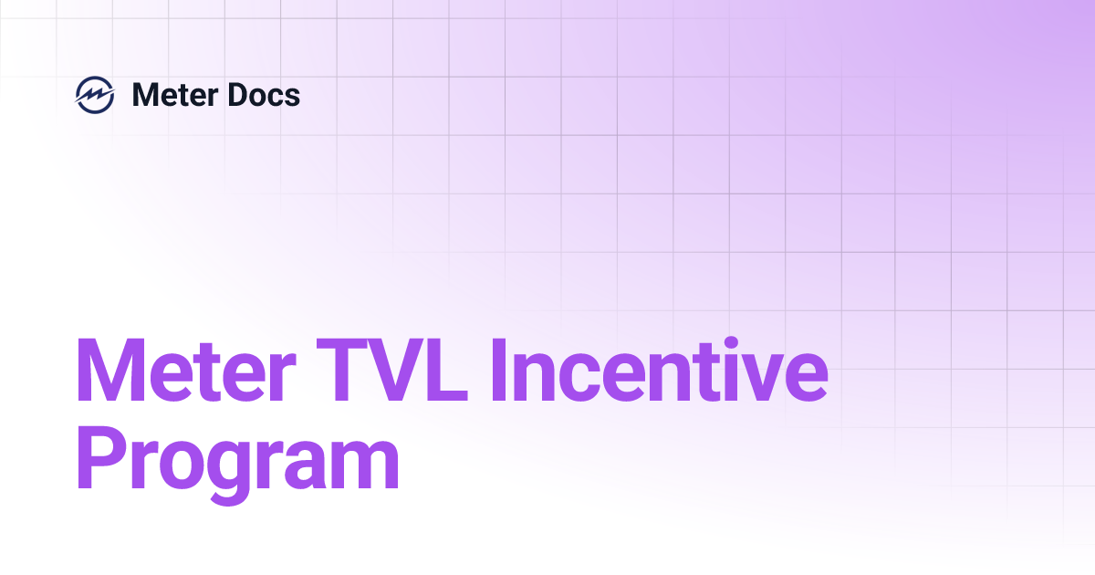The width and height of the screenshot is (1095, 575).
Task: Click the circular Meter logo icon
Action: [x=95, y=95]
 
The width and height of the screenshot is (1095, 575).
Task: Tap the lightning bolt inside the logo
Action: [x=95, y=95]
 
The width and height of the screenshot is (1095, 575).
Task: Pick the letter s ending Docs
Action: [x=292, y=97]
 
